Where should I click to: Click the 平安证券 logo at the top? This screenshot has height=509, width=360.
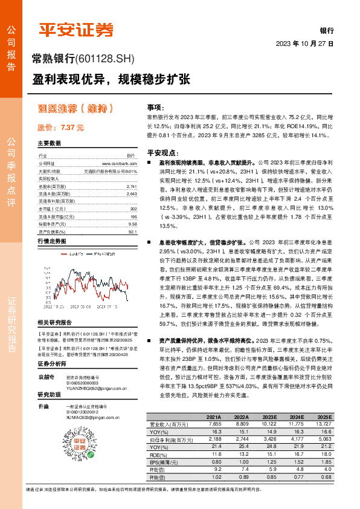tap(76, 28)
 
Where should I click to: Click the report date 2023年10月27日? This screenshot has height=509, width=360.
tap(304, 44)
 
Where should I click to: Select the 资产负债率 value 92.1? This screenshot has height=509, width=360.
tap(133, 231)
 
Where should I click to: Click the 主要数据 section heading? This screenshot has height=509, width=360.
tap(50, 143)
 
